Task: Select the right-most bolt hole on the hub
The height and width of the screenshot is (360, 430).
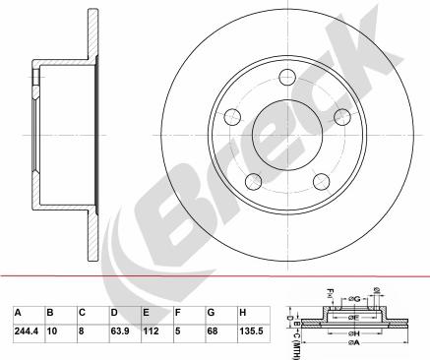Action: [342, 117]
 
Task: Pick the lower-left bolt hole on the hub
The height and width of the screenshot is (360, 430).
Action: [253, 180]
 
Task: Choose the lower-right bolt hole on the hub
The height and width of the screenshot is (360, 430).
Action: [322, 180]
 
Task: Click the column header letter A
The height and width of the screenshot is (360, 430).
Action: [17, 312]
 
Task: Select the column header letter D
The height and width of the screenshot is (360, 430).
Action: [114, 312]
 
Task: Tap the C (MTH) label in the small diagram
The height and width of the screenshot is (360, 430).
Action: [298, 335]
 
